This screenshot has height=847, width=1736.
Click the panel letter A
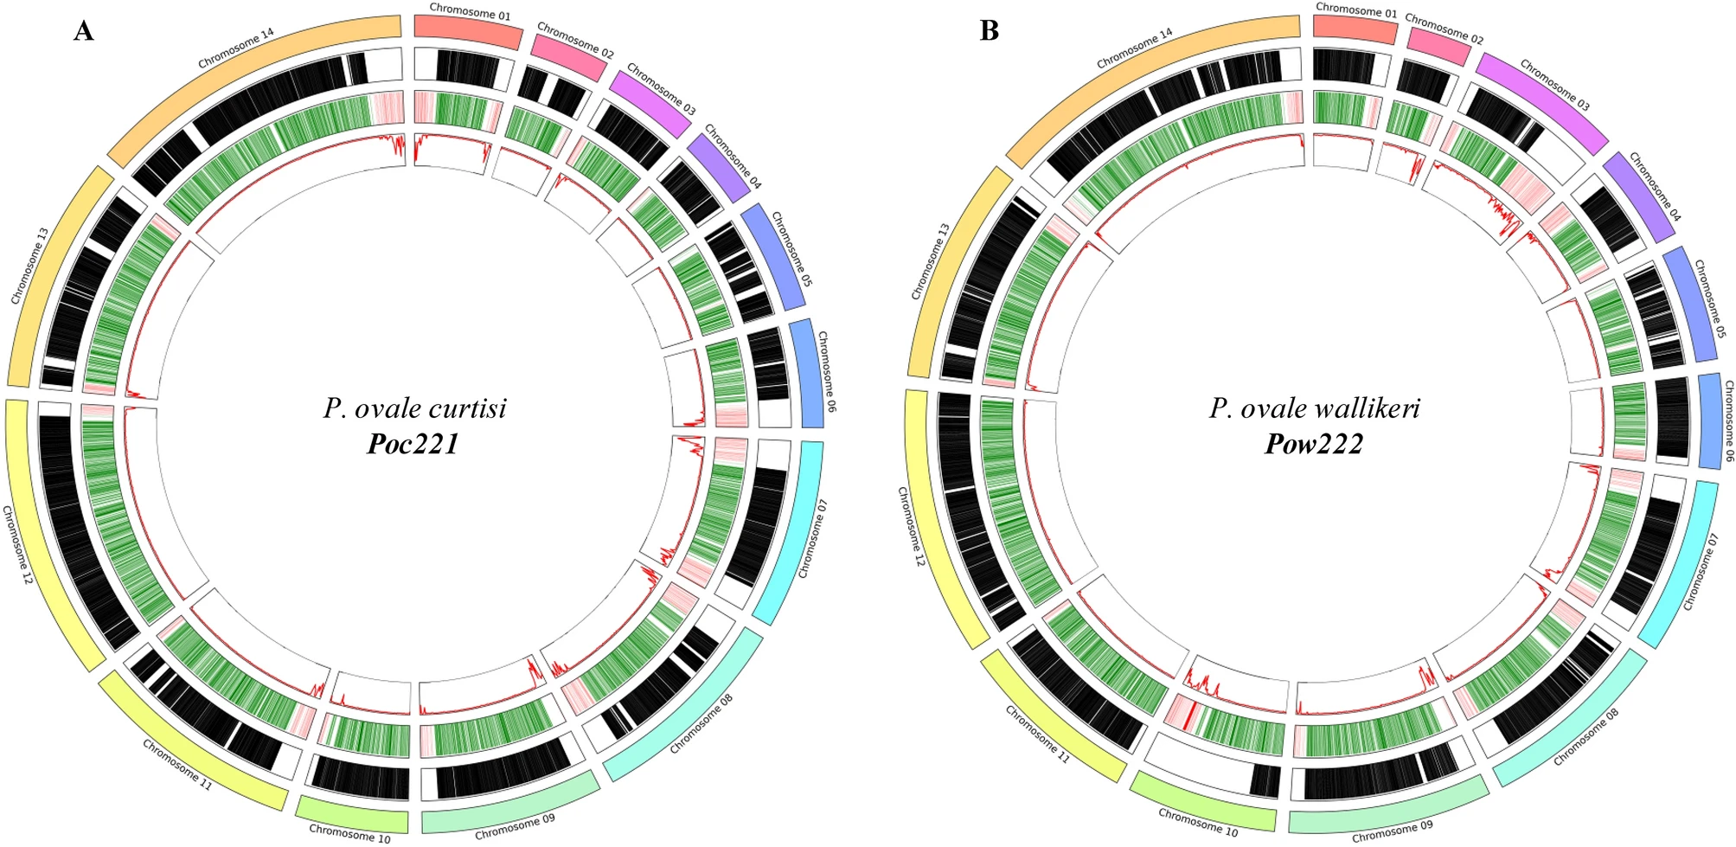[x=83, y=31]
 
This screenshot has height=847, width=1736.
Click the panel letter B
[x=990, y=31]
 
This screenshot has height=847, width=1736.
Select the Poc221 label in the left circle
[x=413, y=444]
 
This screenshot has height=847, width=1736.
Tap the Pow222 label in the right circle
[x=1313, y=444]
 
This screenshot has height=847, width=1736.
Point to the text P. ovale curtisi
[x=415, y=407]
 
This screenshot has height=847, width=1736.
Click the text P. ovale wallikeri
[x=1314, y=407]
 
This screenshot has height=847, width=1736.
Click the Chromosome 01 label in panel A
[x=470, y=11]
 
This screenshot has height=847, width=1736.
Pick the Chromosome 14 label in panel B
[x=1134, y=48]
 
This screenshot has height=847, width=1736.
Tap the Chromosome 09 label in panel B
[x=1392, y=831]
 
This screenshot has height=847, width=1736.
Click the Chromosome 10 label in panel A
[x=349, y=833]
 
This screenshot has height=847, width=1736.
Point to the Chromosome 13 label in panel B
[x=931, y=262]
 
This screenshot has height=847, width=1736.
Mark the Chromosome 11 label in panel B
[x=1037, y=734]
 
